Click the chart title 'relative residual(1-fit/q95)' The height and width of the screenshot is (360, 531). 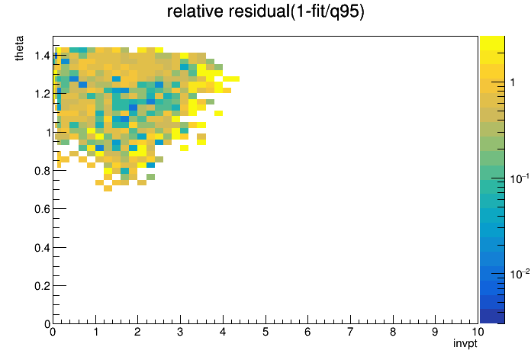265,11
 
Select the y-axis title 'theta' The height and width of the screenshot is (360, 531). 19,48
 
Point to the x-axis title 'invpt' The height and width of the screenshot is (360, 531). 465,343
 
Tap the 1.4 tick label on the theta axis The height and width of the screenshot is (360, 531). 42,56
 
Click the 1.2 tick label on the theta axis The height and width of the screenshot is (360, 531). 42,94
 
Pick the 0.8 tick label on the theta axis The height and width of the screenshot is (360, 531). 42,171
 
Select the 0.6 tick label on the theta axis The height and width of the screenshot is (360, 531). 42,209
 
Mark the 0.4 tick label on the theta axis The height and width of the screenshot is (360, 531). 42,248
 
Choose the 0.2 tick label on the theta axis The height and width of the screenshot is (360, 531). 42,286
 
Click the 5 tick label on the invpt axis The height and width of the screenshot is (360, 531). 265,332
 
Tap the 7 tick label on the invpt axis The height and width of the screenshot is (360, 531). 350,332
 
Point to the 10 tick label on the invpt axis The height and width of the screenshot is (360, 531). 478,332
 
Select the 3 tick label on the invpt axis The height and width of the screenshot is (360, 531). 180,332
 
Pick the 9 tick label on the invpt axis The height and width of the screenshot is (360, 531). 436,332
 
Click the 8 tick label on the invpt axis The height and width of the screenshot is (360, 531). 393,332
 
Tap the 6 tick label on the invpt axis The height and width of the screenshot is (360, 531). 307,332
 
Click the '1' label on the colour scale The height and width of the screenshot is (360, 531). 513,82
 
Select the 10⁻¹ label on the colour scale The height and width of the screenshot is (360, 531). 520,178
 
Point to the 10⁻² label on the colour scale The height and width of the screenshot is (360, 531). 520,274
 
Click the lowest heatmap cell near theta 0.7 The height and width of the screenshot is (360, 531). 108,188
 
